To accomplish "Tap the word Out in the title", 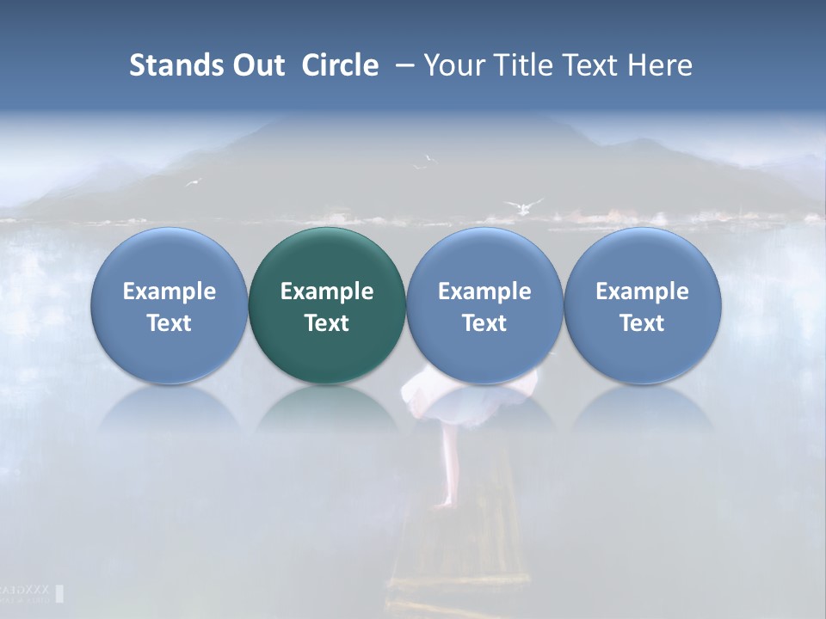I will (x=256, y=65).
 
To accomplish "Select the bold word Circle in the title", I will (x=340, y=65).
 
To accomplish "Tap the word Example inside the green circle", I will (x=327, y=291).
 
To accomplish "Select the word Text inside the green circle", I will (x=327, y=323).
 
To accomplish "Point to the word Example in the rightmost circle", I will (x=643, y=291).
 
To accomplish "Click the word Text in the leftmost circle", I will (x=169, y=323).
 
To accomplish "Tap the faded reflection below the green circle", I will (x=327, y=408).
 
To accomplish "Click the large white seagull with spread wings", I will (x=523, y=206).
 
